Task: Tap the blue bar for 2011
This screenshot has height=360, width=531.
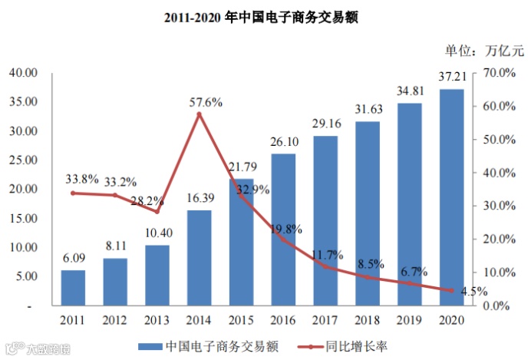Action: [x=74, y=288]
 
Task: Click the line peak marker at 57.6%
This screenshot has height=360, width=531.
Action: [x=200, y=114]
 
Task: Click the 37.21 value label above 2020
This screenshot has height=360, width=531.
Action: [x=450, y=78]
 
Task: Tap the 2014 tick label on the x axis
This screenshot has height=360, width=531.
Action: [x=199, y=319]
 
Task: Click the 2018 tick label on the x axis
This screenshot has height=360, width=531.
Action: [x=367, y=319]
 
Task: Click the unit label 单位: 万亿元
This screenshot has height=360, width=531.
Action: [x=483, y=51]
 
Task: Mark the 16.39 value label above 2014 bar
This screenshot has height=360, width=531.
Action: [x=200, y=198]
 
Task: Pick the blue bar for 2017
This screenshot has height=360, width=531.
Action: [x=325, y=221]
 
